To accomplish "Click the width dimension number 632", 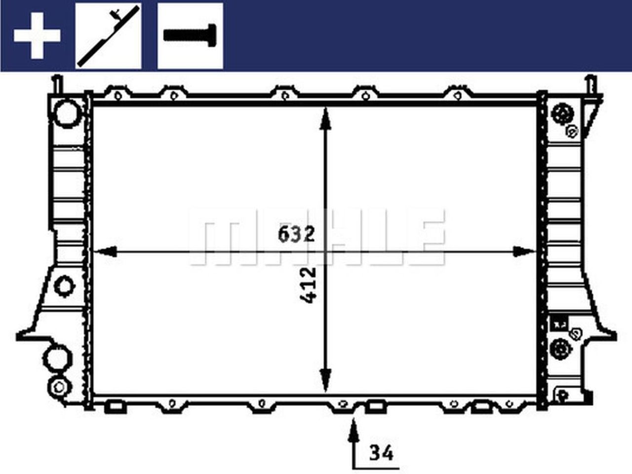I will [x=296, y=234].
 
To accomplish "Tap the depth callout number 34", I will [x=382, y=452].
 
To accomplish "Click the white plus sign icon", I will [x=37, y=36].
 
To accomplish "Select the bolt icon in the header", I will [x=190, y=36].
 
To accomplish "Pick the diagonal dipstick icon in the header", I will [x=108, y=36].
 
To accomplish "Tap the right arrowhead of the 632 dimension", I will [x=524, y=252].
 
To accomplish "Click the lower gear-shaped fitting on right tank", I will [x=559, y=349].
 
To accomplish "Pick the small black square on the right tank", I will [x=559, y=324].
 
